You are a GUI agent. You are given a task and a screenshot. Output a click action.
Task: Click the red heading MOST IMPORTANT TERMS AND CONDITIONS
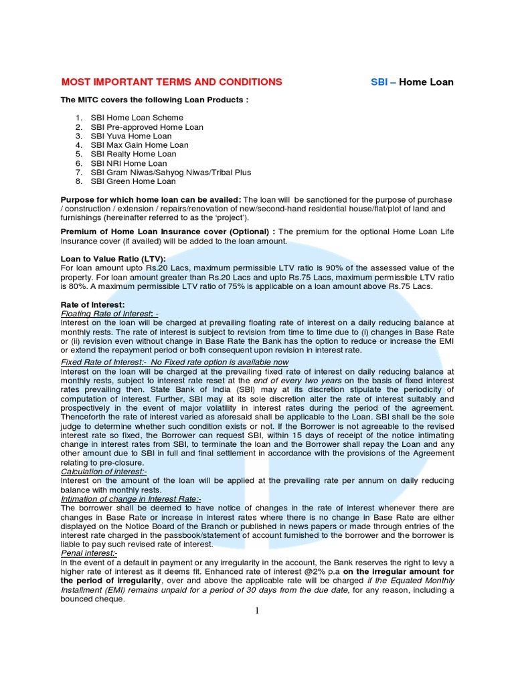pos(171,82)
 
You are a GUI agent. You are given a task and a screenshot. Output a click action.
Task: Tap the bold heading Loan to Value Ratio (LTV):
pos(112,259)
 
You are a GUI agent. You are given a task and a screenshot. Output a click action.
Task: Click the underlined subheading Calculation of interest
pos(103,472)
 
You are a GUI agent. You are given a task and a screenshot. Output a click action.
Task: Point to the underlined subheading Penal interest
pos(89,553)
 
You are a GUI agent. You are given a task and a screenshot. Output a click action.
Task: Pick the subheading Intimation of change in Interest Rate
pos(131,499)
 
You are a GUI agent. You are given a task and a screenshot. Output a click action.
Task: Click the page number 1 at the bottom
pos(256,610)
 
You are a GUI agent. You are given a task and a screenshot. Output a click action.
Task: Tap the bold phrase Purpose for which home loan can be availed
pos(151,200)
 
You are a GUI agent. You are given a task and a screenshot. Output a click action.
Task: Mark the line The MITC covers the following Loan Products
pos(155,100)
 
